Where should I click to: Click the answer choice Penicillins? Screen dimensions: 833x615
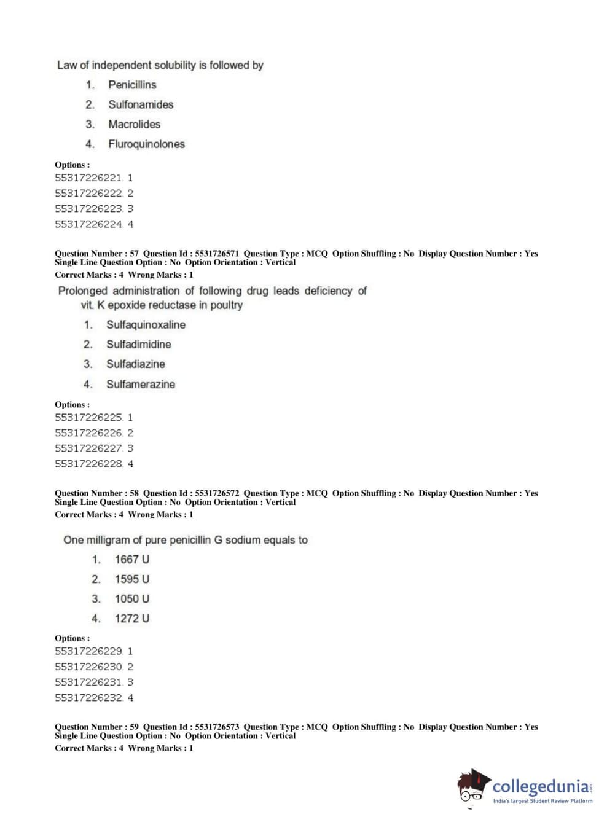click(x=132, y=85)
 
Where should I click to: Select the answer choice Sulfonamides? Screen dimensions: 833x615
click(x=141, y=104)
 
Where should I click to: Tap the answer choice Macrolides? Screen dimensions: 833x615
click(x=134, y=124)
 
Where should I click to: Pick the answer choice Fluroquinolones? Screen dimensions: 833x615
click(x=146, y=144)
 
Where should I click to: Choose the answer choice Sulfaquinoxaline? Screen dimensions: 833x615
click(x=146, y=325)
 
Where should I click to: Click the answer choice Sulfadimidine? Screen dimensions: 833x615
click(x=138, y=345)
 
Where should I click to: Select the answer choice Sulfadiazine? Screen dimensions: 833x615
click(x=135, y=364)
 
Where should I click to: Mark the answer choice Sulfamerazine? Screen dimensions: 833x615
click(x=140, y=385)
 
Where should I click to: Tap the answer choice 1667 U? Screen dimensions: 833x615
click(x=131, y=560)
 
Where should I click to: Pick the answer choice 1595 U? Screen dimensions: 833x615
click(x=131, y=579)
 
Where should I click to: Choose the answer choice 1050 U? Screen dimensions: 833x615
click(x=131, y=599)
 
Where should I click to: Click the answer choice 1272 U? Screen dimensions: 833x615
click(x=131, y=619)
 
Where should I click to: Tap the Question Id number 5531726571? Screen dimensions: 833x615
click(x=217, y=254)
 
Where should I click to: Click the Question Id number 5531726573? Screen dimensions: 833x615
click(x=217, y=727)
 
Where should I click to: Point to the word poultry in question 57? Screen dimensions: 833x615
click(x=226, y=305)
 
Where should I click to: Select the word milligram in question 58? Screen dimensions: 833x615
click(x=108, y=540)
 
